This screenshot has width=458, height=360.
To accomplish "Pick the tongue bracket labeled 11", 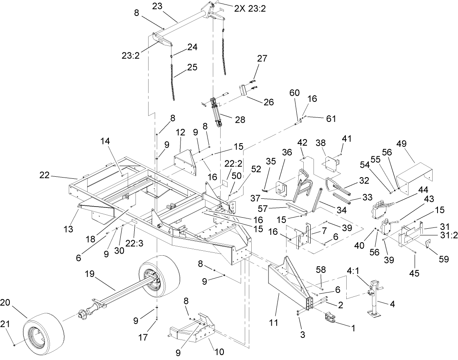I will tap(287, 282).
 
